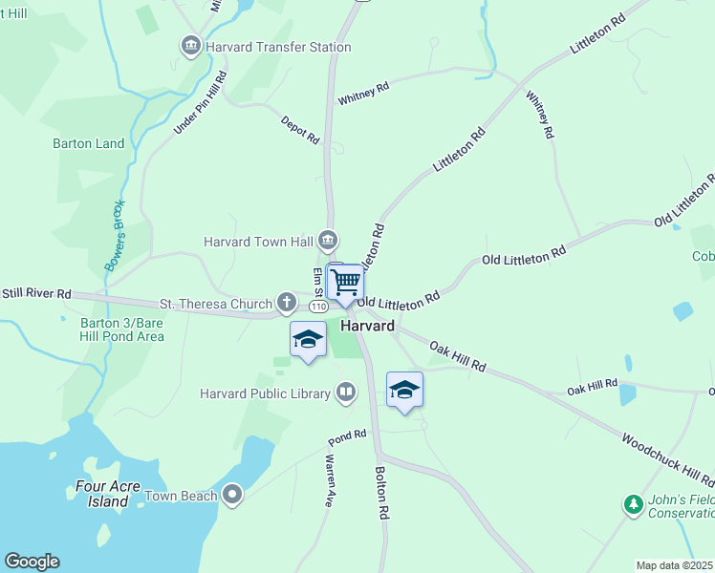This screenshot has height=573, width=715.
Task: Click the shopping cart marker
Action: [x=345, y=283]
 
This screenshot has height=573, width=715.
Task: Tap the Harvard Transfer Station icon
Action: [x=190, y=46]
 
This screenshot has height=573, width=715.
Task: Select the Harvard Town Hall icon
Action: [x=328, y=239]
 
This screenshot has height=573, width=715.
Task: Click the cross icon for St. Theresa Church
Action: [x=286, y=304]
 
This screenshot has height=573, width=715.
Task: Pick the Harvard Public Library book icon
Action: [x=345, y=392]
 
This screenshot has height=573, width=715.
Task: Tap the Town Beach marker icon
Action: [x=231, y=494]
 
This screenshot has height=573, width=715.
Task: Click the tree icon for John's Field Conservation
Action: [x=632, y=503]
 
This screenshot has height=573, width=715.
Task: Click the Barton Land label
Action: [x=88, y=143]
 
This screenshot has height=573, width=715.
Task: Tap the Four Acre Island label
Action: [x=102, y=494]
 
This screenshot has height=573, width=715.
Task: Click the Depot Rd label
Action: [x=299, y=131]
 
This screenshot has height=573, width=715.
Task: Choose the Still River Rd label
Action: [x=36, y=293]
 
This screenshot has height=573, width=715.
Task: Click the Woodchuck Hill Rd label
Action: [x=667, y=461]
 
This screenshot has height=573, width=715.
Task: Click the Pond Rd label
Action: [x=347, y=435]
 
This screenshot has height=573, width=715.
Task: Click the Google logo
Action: [x=32, y=562]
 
